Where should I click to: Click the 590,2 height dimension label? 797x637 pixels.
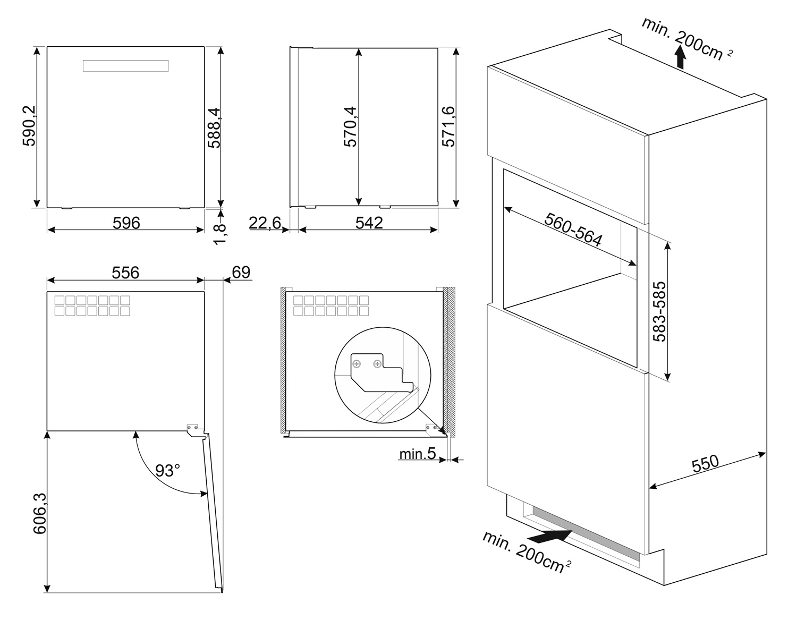pos(29,126)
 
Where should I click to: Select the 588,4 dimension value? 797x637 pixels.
pos(214,126)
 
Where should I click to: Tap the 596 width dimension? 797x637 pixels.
pos(126,223)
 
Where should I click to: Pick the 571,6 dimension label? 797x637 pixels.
pos(448,126)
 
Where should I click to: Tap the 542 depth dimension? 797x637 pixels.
pos(369,223)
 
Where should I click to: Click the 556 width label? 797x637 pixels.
pos(125,273)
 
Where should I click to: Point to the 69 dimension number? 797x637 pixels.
pos(241,272)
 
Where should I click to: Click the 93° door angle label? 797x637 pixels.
pos(168,470)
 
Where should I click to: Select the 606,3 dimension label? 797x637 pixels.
pos(40,513)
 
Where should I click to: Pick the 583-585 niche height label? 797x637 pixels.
pos(659,311)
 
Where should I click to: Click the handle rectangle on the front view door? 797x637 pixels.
pos(126,66)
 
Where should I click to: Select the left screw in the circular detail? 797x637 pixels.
pos(358,364)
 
